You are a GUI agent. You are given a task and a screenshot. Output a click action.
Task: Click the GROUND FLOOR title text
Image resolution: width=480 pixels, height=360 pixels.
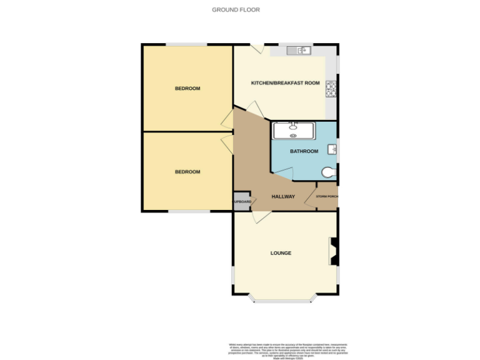[x=236, y=9]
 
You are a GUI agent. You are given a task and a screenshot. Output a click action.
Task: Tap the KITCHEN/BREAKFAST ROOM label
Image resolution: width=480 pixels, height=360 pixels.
[x=285, y=83]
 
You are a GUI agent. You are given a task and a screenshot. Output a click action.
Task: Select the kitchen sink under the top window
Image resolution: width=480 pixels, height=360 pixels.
[x=299, y=51]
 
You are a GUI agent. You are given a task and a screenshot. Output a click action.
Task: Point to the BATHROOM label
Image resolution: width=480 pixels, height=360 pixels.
[x=304, y=151]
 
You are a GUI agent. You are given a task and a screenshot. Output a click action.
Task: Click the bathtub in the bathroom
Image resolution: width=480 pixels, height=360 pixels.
[x=294, y=130]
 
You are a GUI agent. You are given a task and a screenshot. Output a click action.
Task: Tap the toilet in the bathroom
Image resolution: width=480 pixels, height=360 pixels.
[x=328, y=172]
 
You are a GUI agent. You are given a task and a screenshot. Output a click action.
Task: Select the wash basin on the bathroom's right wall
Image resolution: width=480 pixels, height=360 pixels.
[x=332, y=149]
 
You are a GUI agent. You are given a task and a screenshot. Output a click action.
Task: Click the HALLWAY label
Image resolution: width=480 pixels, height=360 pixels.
[x=283, y=197]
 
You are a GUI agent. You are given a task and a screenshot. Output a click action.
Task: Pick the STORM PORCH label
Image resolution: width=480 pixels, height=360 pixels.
[x=327, y=197]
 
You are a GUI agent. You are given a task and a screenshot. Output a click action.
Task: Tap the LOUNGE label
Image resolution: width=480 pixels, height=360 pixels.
[x=281, y=253]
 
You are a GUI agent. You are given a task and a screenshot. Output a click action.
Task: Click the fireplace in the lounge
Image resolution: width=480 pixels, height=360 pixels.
[x=334, y=252]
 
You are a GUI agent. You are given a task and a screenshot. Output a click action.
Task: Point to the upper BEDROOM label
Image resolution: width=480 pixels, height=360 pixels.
[x=187, y=89]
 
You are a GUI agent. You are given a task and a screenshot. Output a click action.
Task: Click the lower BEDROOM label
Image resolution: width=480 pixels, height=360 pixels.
[x=187, y=172]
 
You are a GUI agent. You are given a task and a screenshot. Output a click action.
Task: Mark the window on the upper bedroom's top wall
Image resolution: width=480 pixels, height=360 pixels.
[x=186, y=44]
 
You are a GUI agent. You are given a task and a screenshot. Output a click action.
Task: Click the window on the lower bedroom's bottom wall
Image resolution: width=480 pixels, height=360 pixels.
[x=189, y=212]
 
